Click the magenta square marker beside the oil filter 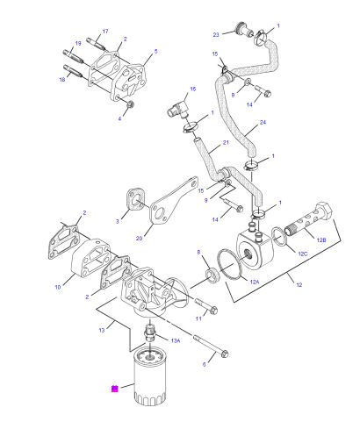tap(115, 389)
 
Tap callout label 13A tap(176, 340)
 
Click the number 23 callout tap(216, 35)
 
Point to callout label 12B tap(321, 240)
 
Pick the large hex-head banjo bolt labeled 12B tap(311, 218)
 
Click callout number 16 tap(193, 89)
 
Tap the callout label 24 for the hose tap(263, 122)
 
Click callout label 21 tap(226, 143)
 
